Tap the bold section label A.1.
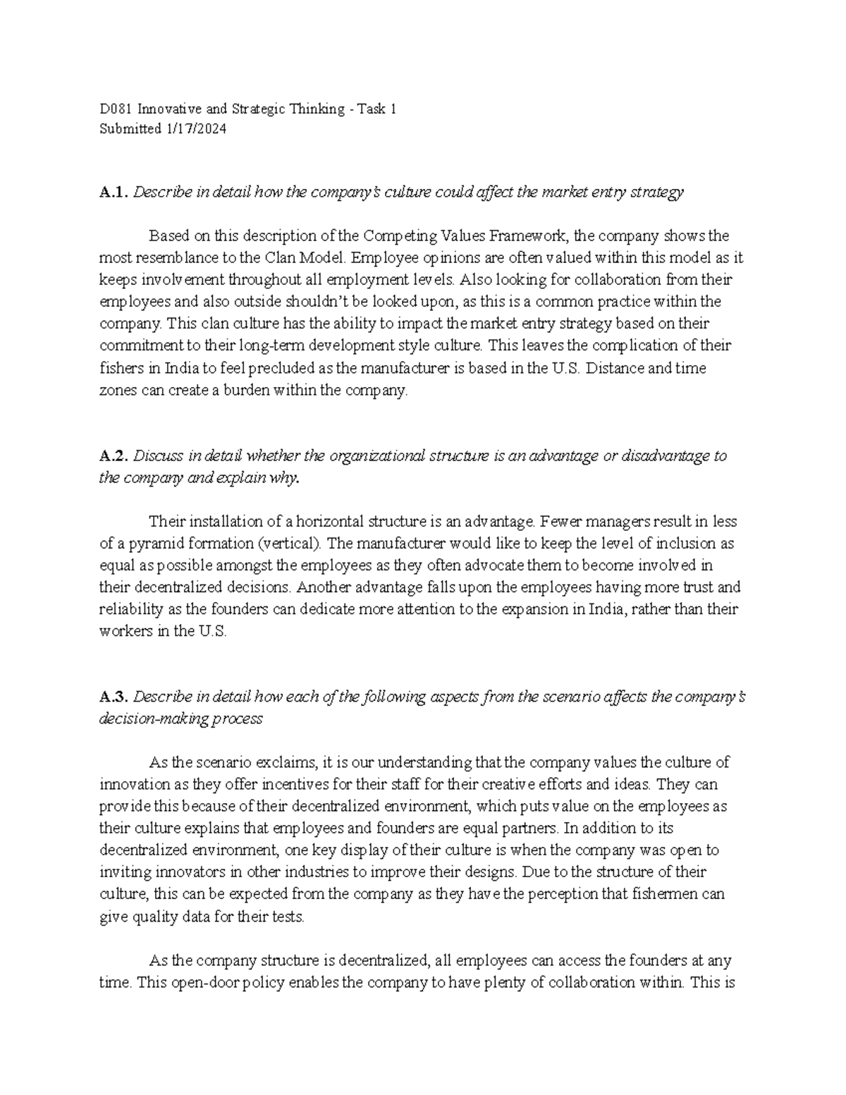click(114, 192)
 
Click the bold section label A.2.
click(114, 456)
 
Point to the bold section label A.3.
click(114, 697)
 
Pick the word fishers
click(118, 368)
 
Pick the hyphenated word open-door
click(203, 982)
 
